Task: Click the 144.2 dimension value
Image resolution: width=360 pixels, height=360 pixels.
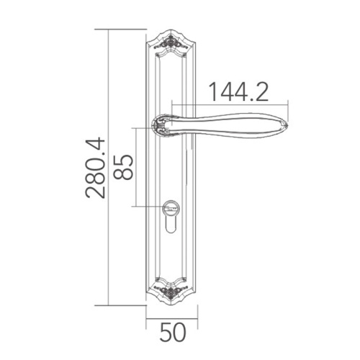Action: [238, 92]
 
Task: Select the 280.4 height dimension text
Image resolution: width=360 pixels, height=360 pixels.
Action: [95, 168]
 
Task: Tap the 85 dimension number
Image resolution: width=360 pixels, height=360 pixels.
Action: [123, 167]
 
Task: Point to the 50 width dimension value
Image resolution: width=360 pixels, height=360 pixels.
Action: [173, 333]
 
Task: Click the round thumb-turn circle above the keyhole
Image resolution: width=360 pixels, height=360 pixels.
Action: [171, 207]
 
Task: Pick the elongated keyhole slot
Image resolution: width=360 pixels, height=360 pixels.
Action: [171, 225]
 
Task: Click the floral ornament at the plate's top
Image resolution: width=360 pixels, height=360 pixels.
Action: [171, 43]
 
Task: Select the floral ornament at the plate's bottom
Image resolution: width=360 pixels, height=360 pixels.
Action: [171, 291]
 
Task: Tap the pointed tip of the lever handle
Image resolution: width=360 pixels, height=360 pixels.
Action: [288, 125]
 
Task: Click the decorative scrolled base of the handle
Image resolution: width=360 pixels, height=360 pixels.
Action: [161, 125]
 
